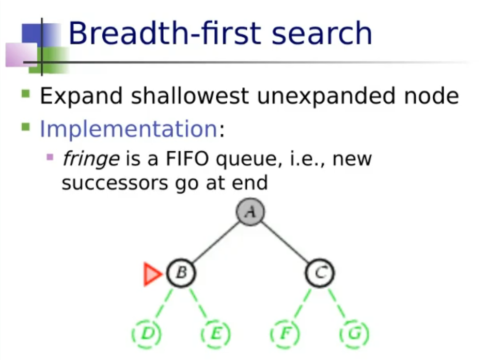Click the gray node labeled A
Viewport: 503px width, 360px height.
coord(250,212)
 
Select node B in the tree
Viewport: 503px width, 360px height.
coord(181,273)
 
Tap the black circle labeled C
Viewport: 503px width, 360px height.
coord(320,273)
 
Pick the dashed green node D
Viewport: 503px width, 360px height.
coord(147,334)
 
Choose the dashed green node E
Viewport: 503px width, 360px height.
coord(215,334)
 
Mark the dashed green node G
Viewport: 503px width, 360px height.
coord(354,334)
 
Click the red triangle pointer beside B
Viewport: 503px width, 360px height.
coord(152,274)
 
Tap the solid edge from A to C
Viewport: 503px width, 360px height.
coord(285,242)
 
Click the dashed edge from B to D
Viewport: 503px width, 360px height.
coord(164,304)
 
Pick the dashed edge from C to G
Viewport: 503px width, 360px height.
coord(337,304)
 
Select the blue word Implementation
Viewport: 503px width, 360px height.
coord(129,129)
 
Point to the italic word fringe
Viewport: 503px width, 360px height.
coord(91,159)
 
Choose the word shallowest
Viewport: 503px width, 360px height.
coord(190,96)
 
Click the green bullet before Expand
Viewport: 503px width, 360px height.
coord(26,94)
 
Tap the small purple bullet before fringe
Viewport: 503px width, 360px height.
coord(50,157)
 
